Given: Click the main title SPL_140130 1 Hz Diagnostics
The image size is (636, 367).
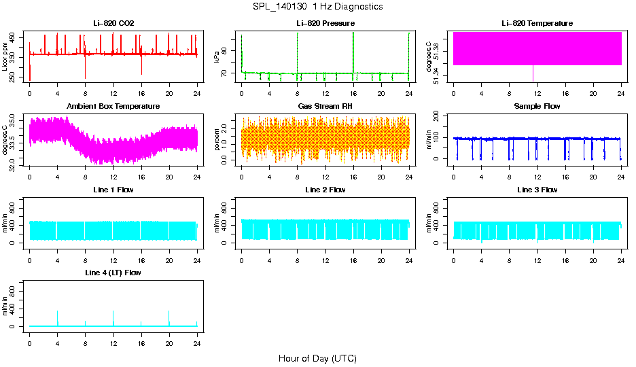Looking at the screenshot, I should pyautogui.click(x=317, y=7).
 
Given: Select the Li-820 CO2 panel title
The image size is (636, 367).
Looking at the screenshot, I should pyautogui.click(x=113, y=24).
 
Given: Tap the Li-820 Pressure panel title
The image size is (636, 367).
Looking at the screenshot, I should pyautogui.click(x=325, y=24).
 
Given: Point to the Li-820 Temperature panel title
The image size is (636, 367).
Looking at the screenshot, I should pyautogui.click(x=537, y=24).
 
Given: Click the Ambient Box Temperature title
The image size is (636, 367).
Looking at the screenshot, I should pyautogui.click(x=113, y=107).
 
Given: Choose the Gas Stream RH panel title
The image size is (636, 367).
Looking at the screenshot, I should pyautogui.click(x=325, y=107).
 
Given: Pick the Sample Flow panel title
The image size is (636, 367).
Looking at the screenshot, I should pyautogui.click(x=537, y=107).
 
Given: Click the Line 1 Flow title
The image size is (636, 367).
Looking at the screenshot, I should pyautogui.click(x=113, y=190).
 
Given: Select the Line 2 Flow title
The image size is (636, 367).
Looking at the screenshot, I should pyautogui.click(x=325, y=190).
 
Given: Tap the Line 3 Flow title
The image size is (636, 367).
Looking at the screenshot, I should pyautogui.click(x=537, y=190).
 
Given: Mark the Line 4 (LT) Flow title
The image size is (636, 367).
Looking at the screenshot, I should pyautogui.click(x=113, y=273).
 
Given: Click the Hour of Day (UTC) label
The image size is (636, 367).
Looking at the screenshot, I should pyautogui.click(x=317, y=358).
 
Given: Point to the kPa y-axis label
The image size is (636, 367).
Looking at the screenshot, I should pyautogui.click(x=217, y=58).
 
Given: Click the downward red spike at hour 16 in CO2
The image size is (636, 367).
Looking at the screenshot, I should pyautogui.click(x=141, y=68).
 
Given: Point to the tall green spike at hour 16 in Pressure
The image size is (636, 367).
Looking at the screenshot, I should pyautogui.click(x=353, y=44).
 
